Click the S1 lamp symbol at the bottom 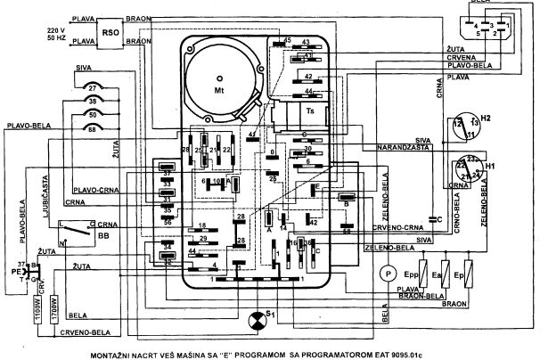[x=260, y=318]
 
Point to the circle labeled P [x=388, y=272]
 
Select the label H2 [x=486, y=117]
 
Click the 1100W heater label [x=37, y=308]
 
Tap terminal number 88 [x=93, y=131]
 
